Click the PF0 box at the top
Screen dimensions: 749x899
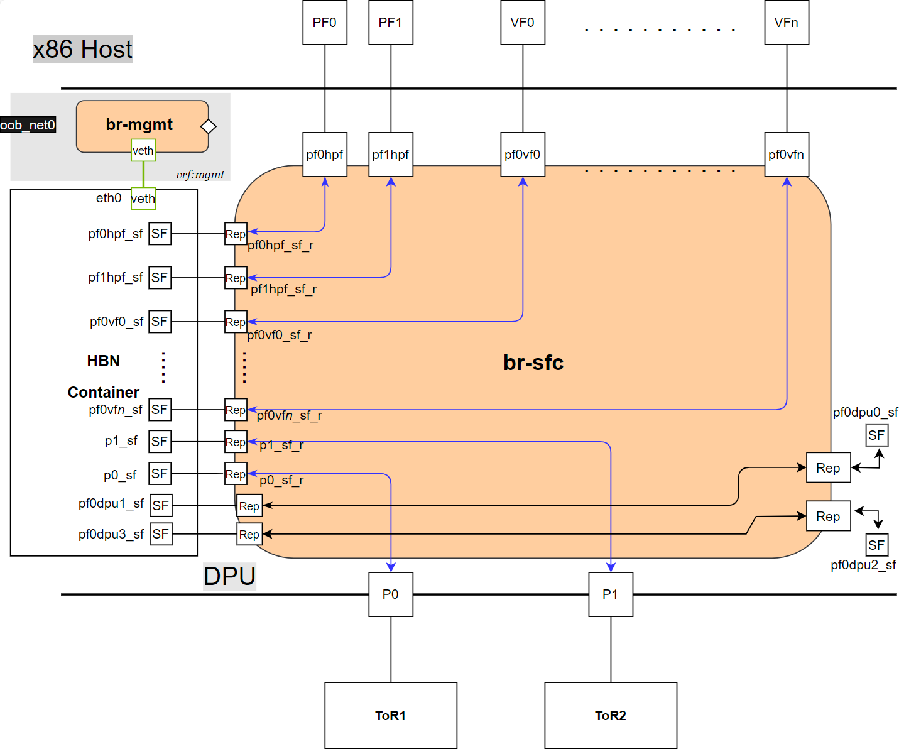pyautogui.click(x=324, y=23)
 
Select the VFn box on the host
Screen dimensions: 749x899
pyautogui.click(x=786, y=23)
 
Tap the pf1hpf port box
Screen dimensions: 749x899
pyautogui.click(x=390, y=155)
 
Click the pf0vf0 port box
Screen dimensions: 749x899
pyautogui.click(x=522, y=155)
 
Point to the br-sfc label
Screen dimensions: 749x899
pyautogui.click(x=533, y=363)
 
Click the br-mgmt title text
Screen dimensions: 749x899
pyautogui.click(x=139, y=124)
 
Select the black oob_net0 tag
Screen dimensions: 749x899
pyautogui.click(x=28, y=125)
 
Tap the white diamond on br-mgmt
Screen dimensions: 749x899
pyautogui.click(x=208, y=126)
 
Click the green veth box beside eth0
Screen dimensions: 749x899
pyautogui.click(x=143, y=199)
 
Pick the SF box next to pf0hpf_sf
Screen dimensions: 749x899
pyautogui.click(x=160, y=234)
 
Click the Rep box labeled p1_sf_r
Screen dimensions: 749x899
pyautogui.click(x=236, y=442)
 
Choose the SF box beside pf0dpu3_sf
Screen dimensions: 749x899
pyautogui.click(x=160, y=534)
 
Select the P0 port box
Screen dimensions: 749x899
pyautogui.click(x=390, y=594)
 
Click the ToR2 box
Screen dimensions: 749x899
pyautogui.click(x=610, y=715)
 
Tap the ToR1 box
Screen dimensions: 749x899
pyautogui.click(x=390, y=715)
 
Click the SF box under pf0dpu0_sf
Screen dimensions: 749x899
pyautogui.click(x=876, y=435)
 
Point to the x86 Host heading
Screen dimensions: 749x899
pyautogui.click(x=82, y=49)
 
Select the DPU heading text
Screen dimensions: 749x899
pyautogui.click(x=229, y=576)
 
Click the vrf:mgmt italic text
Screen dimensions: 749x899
pyautogui.click(x=200, y=175)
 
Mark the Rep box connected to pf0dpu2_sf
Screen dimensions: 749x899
pyautogui.click(x=828, y=516)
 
